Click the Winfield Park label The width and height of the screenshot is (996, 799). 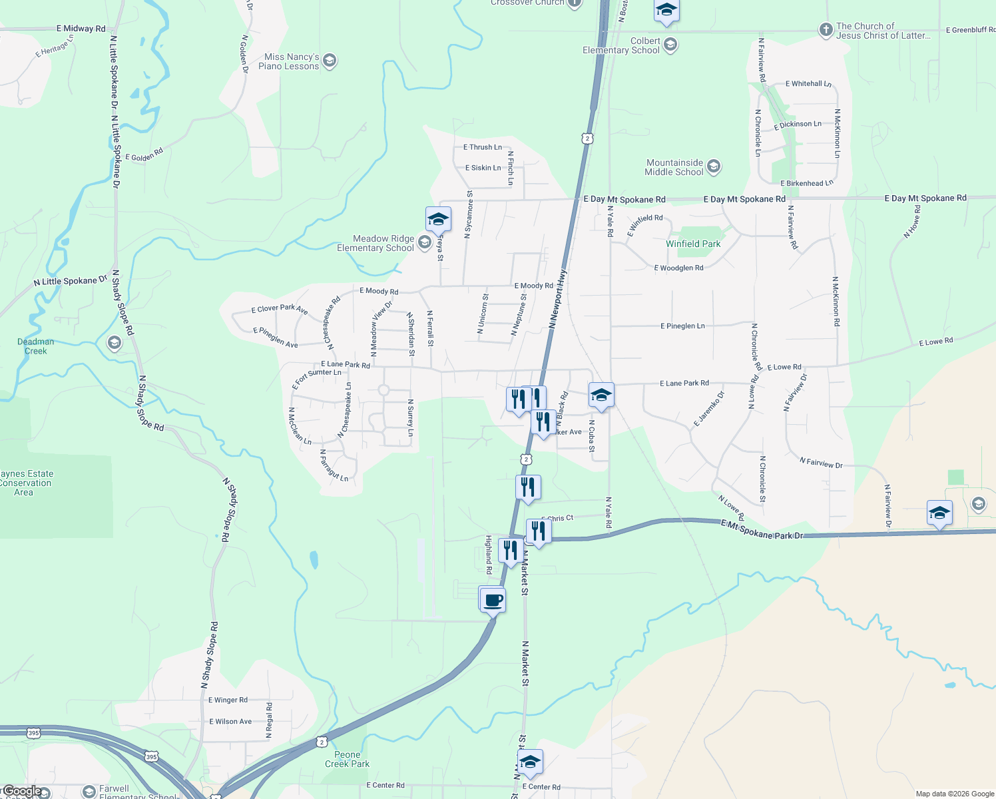[693, 244]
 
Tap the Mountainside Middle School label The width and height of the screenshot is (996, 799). [674, 168]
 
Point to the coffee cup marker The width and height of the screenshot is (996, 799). [493, 601]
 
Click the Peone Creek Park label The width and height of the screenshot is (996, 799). [347, 760]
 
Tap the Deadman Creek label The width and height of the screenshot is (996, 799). [36, 346]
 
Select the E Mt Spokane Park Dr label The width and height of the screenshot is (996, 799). [762, 531]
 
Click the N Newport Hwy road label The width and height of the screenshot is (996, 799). [558, 299]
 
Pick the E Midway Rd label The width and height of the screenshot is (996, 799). [81, 29]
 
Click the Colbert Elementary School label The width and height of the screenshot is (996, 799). [621, 46]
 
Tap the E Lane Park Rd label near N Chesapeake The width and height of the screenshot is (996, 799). [345, 365]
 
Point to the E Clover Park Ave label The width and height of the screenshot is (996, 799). [280, 309]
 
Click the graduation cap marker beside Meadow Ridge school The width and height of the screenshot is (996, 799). [438, 220]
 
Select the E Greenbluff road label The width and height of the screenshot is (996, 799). [970, 30]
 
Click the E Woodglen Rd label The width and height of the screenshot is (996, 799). [678, 268]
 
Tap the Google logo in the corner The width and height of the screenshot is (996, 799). [22, 791]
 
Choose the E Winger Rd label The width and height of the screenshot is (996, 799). [228, 700]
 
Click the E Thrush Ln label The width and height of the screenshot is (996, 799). [483, 147]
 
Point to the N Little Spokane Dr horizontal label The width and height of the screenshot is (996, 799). [70, 282]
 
